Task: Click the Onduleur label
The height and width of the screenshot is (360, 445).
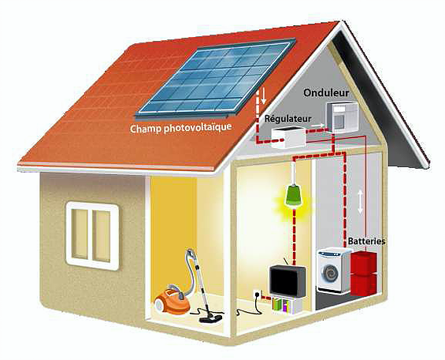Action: point(326,92)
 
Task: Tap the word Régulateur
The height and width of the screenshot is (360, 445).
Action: point(287,118)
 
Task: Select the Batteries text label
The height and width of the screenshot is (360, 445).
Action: point(367,241)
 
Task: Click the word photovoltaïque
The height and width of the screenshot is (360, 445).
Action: point(198,127)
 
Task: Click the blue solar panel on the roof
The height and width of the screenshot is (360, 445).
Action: point(216,78)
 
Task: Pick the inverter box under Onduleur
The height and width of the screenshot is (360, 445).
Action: point(342,117)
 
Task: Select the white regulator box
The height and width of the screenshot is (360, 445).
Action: point(288,138)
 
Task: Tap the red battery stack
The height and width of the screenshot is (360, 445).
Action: point(364,273)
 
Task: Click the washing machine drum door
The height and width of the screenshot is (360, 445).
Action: point(330,273)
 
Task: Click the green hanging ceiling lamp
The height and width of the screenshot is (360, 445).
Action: point(294,195)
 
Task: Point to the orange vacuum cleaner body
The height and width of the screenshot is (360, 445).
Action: point(172,302)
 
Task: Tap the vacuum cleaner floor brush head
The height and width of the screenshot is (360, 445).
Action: point(210,319)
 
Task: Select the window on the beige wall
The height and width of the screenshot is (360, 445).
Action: point(92,236)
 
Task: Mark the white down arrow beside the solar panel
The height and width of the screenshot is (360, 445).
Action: point(264,96)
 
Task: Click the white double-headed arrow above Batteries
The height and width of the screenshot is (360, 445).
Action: point(360,202)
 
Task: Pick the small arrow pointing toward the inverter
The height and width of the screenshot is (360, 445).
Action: point(317,125)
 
